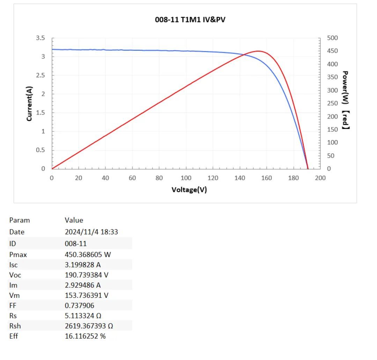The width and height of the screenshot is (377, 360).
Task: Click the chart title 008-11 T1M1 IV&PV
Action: [x=190, y=20]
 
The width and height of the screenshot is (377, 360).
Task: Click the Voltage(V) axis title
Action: [x=189, y=190]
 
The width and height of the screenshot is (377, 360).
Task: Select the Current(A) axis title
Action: [x=29, y=103]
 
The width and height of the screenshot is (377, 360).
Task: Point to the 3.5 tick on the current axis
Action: [x=41, y=38]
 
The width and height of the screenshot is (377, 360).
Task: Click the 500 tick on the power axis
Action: [x=332, y=38]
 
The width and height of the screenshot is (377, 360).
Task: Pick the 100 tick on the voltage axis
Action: [x=186, y=178]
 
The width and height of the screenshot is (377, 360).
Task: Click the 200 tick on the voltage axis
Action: [x=320, y=178]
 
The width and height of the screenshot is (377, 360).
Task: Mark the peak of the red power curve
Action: [x=258, y=51]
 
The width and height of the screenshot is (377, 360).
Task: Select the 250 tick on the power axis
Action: [x=332, y=103]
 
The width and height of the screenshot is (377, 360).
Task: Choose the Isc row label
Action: [x=13, y=265]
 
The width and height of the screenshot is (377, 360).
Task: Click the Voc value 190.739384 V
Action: [x=87, y=275]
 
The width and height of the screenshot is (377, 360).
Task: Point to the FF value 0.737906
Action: [x=79, y=305]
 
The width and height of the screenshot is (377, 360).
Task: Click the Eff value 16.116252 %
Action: [x=85, y=336]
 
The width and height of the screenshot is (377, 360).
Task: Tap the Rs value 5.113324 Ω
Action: [x=83, y=316]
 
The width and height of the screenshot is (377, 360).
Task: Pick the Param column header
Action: [x=20, y=220]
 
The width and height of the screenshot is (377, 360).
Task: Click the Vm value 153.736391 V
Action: [x=87, y=295]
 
